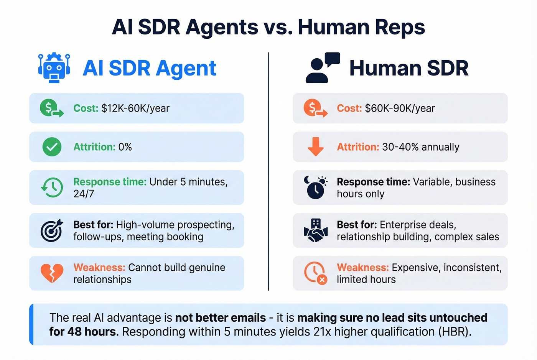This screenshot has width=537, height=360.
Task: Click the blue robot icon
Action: (x=54, y=68)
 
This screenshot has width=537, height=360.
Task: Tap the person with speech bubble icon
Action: (x=322, y=68)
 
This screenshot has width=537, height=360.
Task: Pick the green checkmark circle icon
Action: (x=52, y=147)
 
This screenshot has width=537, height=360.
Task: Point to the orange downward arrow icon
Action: (x=316, y=146)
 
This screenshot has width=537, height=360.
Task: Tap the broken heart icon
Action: (x=52, y=273)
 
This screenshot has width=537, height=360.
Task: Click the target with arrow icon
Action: (x=52, y=230)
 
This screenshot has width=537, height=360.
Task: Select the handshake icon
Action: (x=316, y=230)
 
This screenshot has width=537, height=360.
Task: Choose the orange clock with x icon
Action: (x=315, y=273)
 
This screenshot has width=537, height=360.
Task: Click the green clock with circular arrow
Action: (x=52, y=187)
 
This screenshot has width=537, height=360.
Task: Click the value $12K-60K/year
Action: (x=135, y=108)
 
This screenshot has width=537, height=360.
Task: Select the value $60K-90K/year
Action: (x=400, y=108)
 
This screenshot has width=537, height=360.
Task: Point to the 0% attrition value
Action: (x=125, y=147)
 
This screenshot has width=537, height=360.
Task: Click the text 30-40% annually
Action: (x=420, y=147)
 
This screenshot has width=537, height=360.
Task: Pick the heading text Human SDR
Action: (x=409, y=68)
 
